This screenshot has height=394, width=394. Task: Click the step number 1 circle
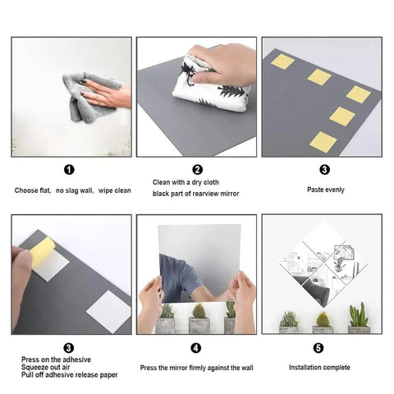click(x=69, y=170)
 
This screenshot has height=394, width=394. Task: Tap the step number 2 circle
click(x=198, y=170)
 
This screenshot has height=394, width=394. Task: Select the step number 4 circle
click(x=196, y=348)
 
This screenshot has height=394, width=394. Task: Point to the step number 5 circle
click(x=318, y=348)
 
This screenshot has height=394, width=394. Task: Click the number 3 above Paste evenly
click(x=325, y=170)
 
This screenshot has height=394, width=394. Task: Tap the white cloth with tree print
click(x=211, y=85)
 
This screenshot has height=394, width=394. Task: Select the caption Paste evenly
click(x=326, y=190)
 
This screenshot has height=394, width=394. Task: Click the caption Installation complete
click(x=319, y=368)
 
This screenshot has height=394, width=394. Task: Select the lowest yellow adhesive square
click(x=323, y=141)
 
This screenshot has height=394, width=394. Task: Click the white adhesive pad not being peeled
click(x=109, y=312)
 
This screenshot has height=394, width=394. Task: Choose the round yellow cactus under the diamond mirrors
click(x=323, y=319)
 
